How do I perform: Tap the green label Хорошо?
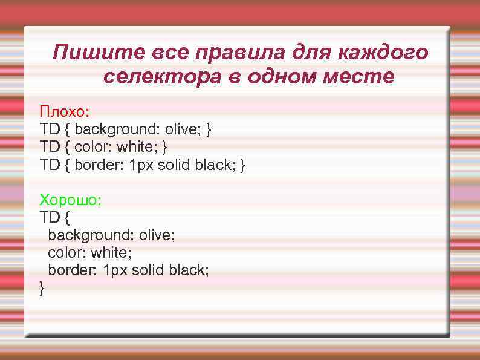coord(71,200)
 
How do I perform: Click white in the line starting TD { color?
coord(135,146)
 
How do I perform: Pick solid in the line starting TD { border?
coord(174,164)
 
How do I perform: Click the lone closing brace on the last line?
coord(42,287)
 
